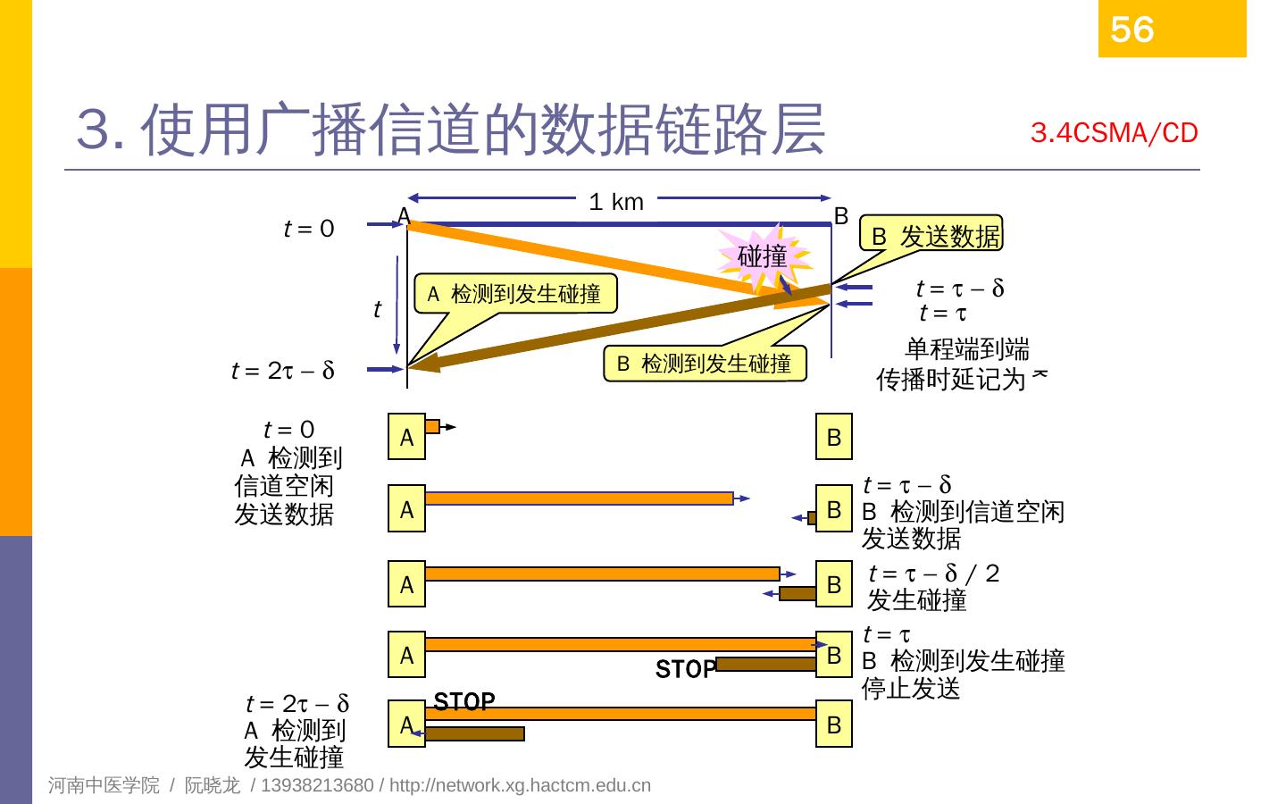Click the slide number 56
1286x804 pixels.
[1132, 29]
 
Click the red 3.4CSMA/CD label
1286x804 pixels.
[1114, 133]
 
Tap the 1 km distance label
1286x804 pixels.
[616, 202]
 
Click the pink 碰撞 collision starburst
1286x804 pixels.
[763, 257]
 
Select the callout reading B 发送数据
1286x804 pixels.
[935, 236]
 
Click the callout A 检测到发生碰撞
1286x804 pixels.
[515, 294]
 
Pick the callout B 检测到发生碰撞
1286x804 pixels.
[705, 364]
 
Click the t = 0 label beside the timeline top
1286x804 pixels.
[309, 229]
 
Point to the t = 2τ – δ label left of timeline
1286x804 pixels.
[282, 370]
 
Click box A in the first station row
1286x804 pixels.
[406, 437]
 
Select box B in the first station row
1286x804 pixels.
[834, 437]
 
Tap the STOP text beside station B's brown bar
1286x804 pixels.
[685, 669]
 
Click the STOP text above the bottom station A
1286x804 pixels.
[464, 702]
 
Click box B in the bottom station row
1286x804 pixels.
[834, 725]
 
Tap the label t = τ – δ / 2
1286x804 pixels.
[933, 574]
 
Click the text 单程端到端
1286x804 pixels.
[966, 348]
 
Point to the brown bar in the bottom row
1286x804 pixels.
[474, 734]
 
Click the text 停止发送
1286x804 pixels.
[911, 689]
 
